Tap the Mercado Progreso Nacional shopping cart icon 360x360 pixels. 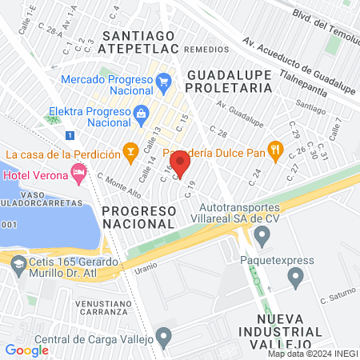pos(164,81)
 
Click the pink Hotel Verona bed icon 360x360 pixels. pos(78,171)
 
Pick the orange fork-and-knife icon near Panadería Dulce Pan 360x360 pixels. pos(276,149)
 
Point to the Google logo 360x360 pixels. pos(26,350)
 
